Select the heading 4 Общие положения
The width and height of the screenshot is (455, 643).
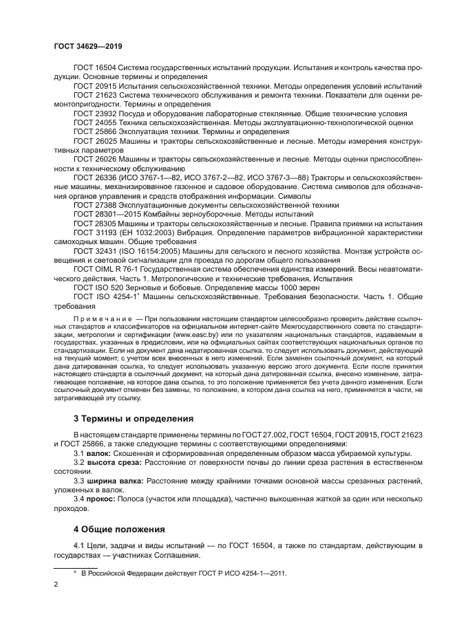(120, 530)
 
